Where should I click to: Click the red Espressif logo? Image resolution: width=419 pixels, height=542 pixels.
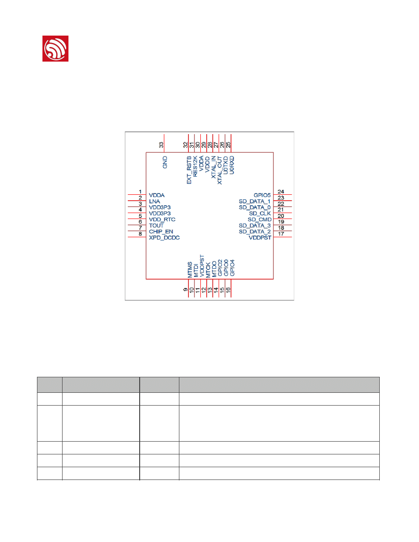coord(55,48)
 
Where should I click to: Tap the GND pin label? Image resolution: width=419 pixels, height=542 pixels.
coord(165,162)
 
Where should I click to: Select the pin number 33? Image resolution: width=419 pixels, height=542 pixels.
coord(161,145)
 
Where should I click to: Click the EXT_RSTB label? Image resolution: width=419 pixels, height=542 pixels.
coord(189,170)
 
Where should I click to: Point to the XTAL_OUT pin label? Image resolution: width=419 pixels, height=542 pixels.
coord(220,171)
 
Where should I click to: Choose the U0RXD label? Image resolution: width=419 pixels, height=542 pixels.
coord(231,165)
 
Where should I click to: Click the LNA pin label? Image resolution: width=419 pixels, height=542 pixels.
coord(155,201)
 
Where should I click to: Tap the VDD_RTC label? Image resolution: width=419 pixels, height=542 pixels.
coord(162,219)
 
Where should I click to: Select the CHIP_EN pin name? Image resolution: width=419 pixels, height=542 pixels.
coord(161,232)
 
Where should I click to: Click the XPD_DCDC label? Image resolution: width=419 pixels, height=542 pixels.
coord(164,238)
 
